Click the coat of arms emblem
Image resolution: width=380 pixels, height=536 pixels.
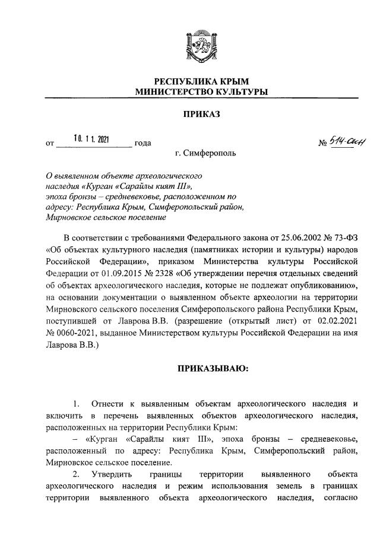point(201,46)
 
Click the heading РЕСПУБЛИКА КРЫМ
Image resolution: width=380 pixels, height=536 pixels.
point(201,81)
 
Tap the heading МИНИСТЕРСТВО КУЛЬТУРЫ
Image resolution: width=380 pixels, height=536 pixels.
point(201,92)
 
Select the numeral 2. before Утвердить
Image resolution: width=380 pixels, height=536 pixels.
point(76,474)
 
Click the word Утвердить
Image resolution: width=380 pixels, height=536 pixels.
point(113,474)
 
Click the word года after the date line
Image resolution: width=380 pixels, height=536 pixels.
point(143,143)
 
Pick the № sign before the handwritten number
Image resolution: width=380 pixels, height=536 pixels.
point(324,143)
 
